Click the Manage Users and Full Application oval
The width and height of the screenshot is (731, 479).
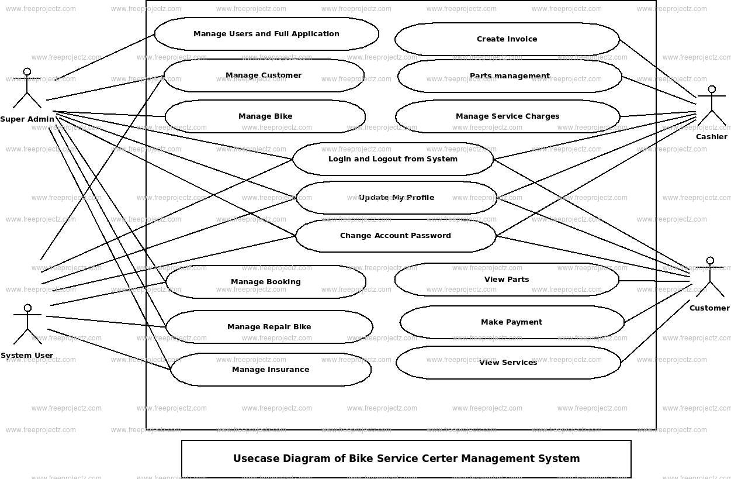click(x=266, y=34)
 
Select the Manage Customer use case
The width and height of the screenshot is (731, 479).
click(x=264, y=75)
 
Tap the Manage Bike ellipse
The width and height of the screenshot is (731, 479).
click(x=265, y=116)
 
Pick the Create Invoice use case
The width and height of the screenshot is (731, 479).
click(x=507, y=39)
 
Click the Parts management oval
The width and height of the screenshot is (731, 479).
click(x=510, y=76)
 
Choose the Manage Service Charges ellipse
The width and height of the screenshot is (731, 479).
click(x=507, y=116)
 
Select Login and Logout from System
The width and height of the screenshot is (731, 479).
click(x=393, y=159)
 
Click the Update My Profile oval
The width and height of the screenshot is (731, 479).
click(x=396, y=198)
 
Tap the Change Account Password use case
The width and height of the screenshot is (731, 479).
click(x=396, y=236)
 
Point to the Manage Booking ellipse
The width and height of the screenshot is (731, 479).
click(x=266, y=282)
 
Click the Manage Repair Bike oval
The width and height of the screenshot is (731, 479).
click(x=269, y=327)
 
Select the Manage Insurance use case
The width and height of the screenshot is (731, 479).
click(x=271, y=370)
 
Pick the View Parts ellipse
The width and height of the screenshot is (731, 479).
click(x=507, y=280)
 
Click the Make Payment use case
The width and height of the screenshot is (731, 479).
click(x=511, y=322)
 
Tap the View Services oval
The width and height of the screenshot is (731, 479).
click(x=508, y=363)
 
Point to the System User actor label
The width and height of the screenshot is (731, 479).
click(x=27, y=356)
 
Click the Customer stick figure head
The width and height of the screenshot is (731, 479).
click(x=710, y=261)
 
